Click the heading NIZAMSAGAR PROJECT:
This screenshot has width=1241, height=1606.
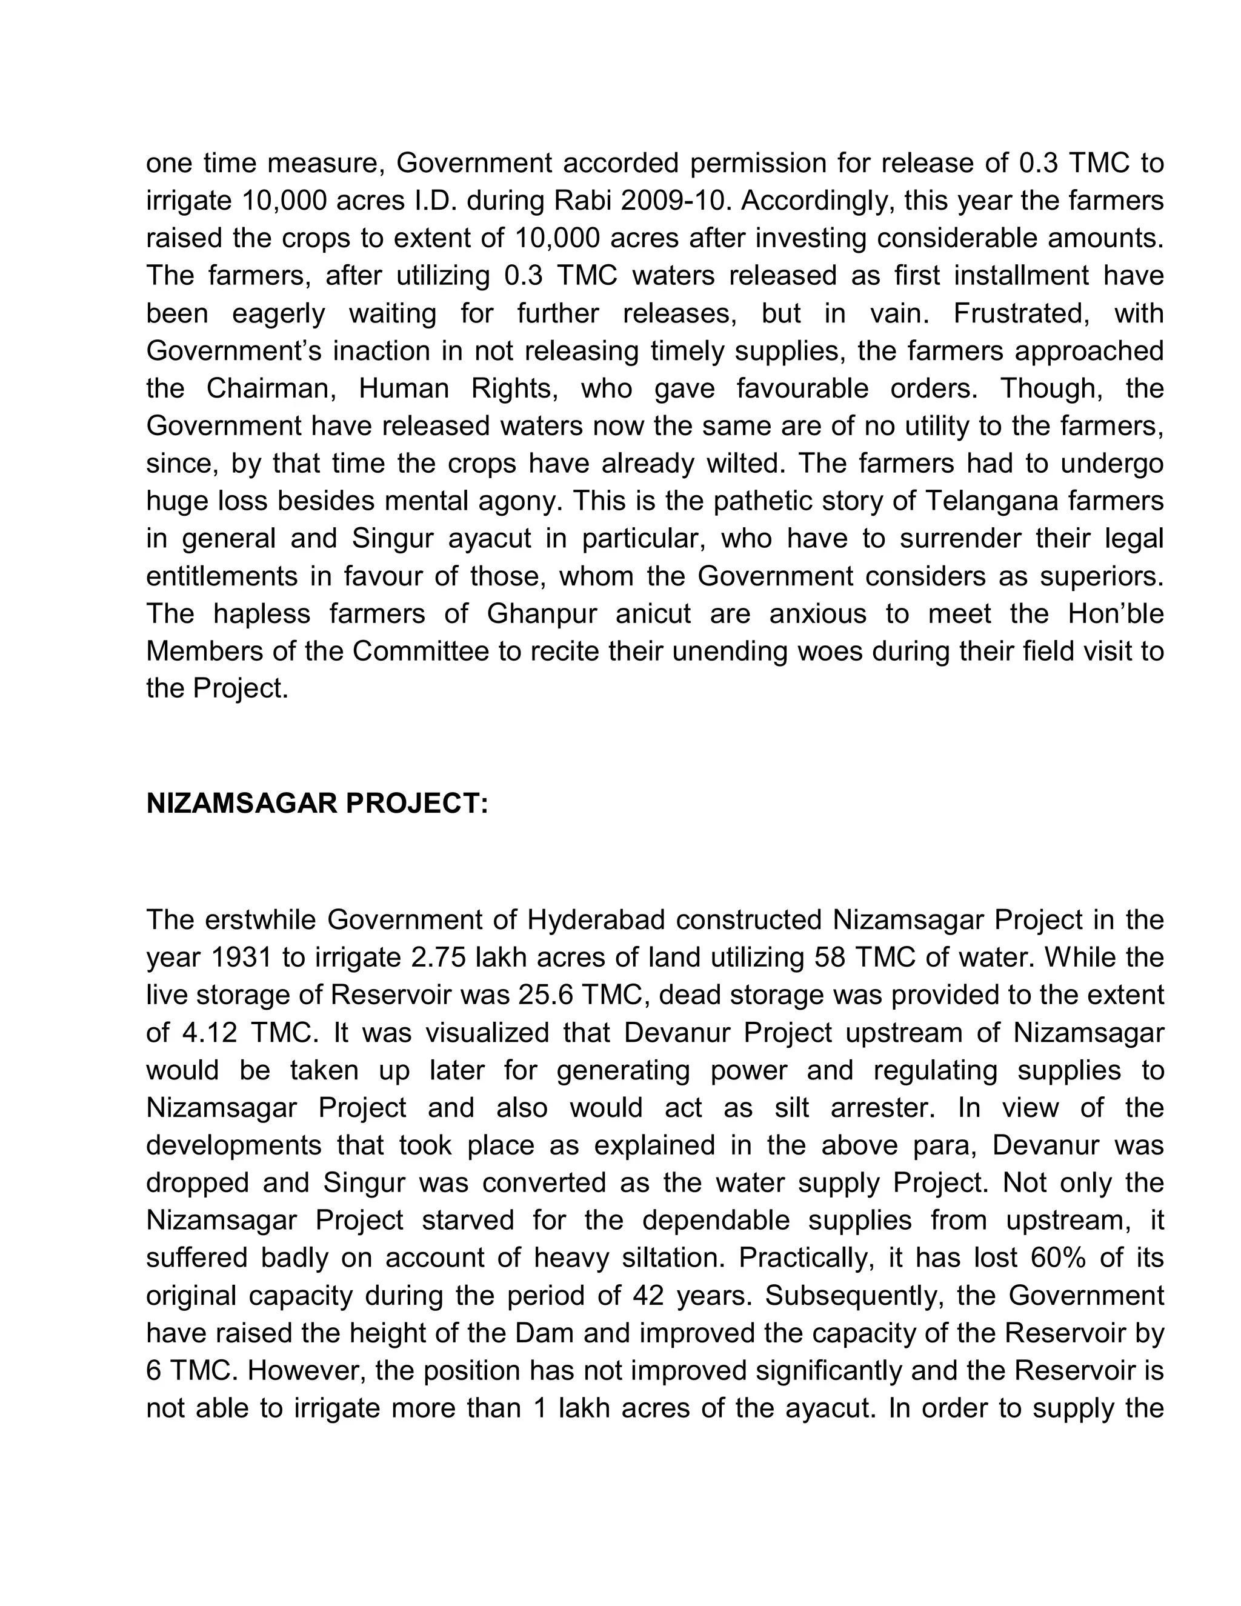(x=317, y=804)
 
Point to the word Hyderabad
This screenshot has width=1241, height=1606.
(x=596, y=920)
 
